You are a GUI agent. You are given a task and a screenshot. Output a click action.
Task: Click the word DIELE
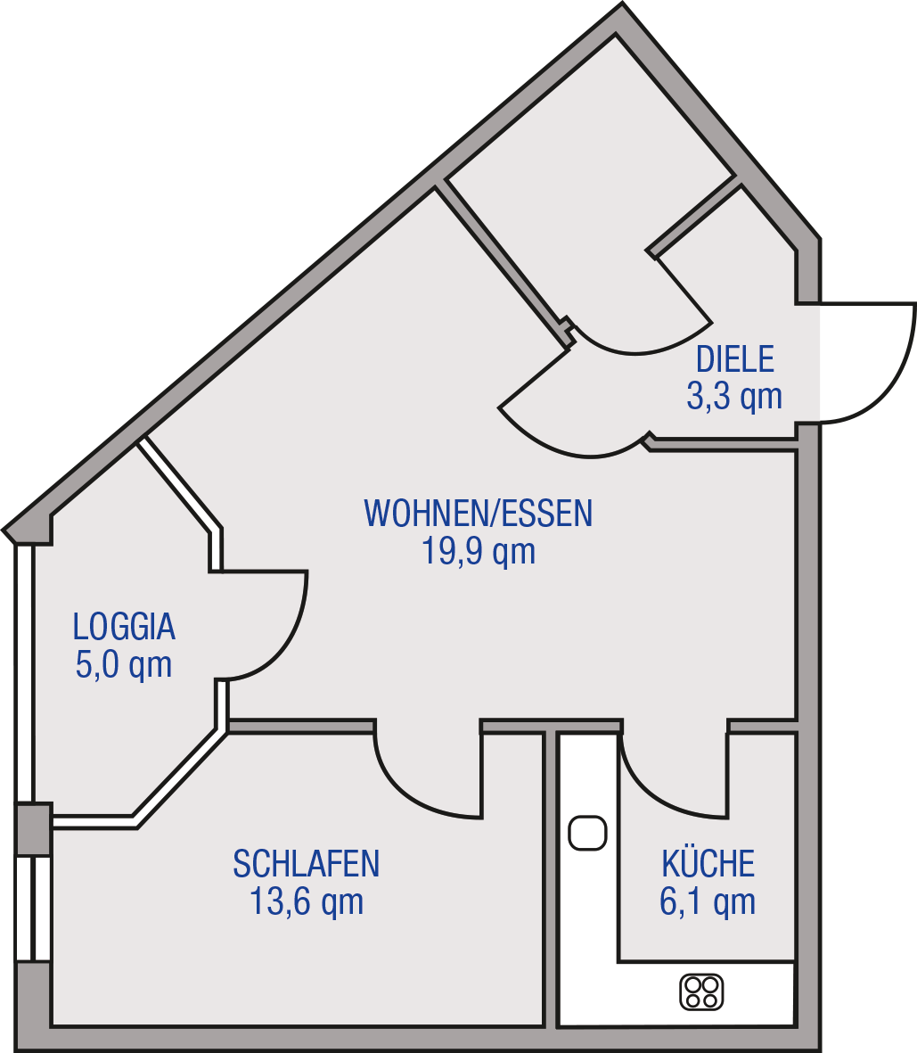[735, 359]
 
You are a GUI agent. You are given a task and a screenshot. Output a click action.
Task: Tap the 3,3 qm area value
[734, 396]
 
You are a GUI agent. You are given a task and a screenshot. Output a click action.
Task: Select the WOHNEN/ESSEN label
[478, 513]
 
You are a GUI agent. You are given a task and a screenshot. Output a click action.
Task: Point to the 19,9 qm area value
[479, 551]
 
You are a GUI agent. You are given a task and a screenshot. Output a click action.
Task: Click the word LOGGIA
[124, 627]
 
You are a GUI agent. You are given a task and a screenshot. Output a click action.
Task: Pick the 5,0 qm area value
[124, 665]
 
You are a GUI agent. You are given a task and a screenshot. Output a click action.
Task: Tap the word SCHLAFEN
[307, 864]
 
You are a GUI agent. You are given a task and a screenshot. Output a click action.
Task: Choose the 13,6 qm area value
[307, 901]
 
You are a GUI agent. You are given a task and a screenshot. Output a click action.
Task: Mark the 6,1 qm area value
[708, 901]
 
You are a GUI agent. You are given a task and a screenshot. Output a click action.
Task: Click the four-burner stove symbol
[701, 991]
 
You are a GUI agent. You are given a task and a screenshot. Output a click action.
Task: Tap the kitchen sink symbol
[587, 833]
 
